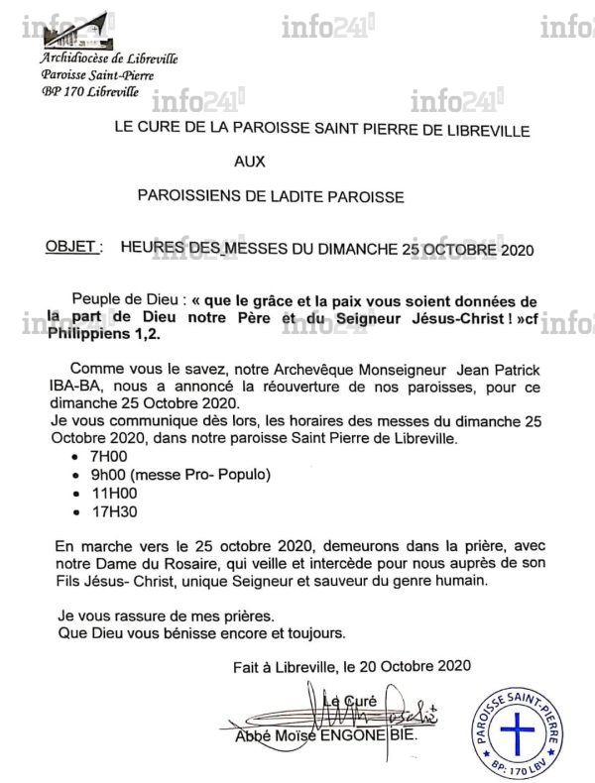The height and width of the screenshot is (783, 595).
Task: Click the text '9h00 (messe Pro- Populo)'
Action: pyautogui.click(x=168, y=475)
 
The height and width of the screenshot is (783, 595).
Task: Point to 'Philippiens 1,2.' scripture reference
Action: pyautogui.click(x=102, y=337)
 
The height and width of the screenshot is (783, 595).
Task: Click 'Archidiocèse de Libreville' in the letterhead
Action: pyautogui.click(x=109, y=58)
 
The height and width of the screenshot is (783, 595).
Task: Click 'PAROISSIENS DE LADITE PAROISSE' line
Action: pyautogui.click(x=271, y=196)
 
